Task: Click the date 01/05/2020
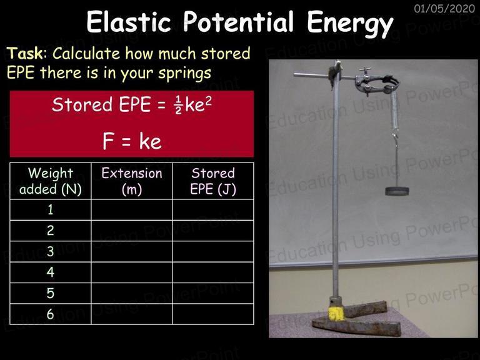click(444, 8)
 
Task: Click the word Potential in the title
click(239, 22)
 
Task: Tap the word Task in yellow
click(25, 53)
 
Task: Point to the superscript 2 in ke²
click(208, 101)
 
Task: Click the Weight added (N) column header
click(51, 181)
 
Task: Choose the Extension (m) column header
click(132, 181)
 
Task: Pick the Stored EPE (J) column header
click(213, 181)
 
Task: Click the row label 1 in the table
click(51, 210)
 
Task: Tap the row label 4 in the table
click(51, 272)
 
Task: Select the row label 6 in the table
click(51, 314)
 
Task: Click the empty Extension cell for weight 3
click(132, 251)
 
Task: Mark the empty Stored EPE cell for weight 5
click(213, 293)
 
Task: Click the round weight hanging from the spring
click(397, 191)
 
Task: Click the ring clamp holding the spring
click(377, 83)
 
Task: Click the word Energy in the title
click(350, 24)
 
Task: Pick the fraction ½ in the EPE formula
click(179, 105)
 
